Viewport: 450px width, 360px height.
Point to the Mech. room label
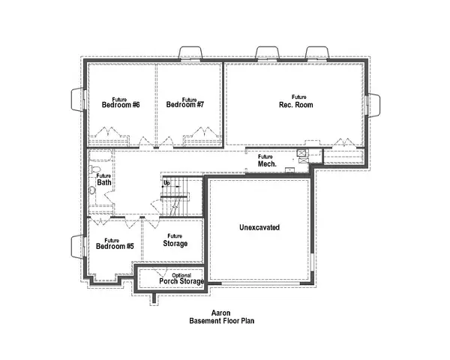[x=267, y=163]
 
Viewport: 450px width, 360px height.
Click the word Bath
[x=104, y=182]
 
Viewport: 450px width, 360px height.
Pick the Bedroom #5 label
[x=114, y=245]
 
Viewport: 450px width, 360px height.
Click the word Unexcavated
[x=259, y=227]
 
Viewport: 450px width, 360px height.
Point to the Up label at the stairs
[x=166, y=182]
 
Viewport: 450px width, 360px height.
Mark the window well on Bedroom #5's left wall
[x=77, y=244]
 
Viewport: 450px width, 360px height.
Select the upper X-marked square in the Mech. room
[x=301, y=152]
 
